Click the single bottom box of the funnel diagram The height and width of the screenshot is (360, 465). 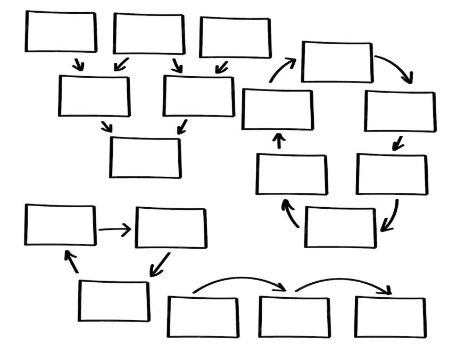click(145, 158)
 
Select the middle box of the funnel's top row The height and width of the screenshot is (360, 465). click(149, 34)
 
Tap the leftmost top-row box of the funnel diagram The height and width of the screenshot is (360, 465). click(61, 31)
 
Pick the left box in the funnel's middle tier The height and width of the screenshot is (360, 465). click(94, 96)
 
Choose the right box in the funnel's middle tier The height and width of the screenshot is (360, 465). click(198, 96)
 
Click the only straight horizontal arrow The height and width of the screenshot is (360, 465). click(114, 230)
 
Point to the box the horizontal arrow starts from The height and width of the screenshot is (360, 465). click(60, 225)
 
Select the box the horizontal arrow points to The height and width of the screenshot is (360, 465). click(171, 228)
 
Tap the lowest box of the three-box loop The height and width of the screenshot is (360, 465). click(114, 301)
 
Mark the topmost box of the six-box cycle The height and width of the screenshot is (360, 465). click(337, 62)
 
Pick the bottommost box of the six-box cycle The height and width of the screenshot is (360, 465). click(341, 227)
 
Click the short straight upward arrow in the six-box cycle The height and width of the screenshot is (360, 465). click(279, 141)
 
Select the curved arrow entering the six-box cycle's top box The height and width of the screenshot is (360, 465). click(282, 69)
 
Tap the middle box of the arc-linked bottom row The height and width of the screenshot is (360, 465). click(294, 317)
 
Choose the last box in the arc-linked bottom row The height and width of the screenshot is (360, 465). click(391, 317)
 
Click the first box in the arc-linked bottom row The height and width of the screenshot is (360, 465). click(203, 317)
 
